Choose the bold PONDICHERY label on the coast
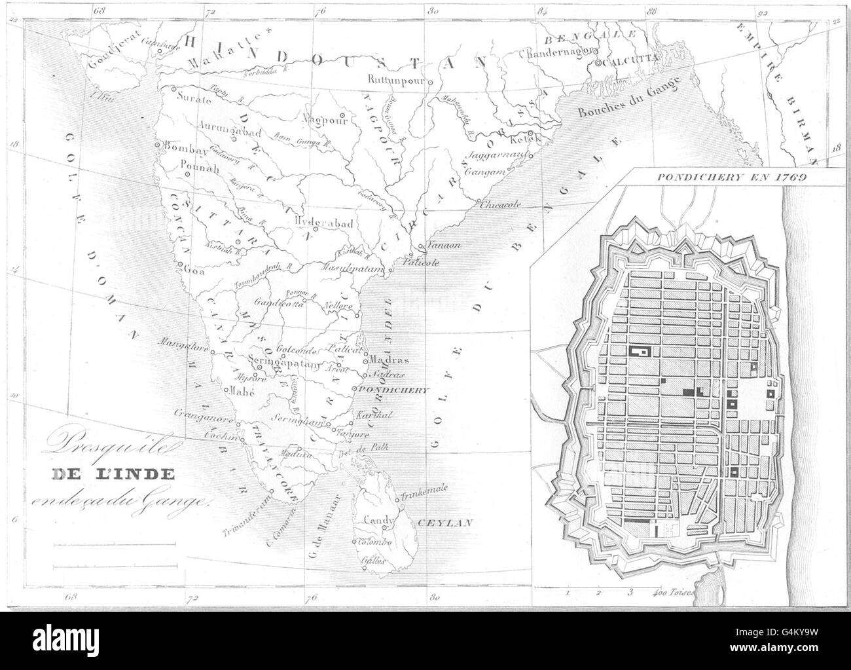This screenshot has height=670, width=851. (x=393, y=390)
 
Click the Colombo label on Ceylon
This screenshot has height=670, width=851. (x=374, y=542)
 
